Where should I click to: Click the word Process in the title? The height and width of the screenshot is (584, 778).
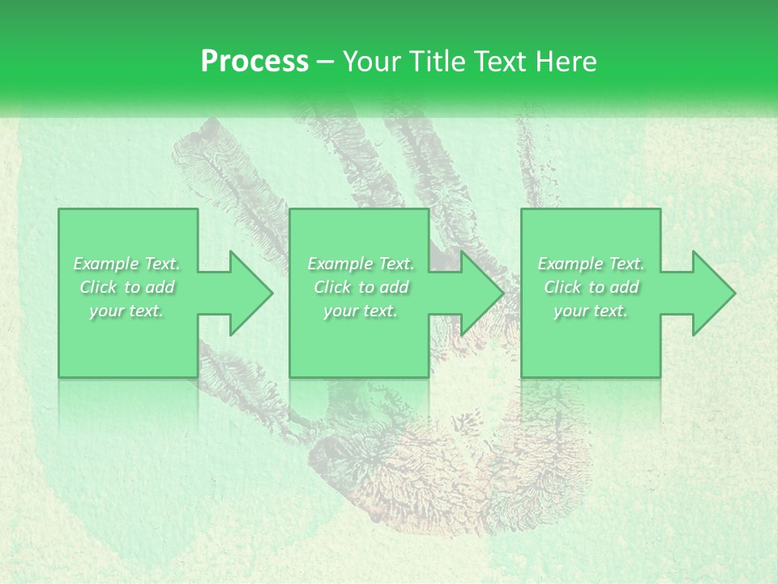point(254,61)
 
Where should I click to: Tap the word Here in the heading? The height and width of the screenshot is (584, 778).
point(565,61)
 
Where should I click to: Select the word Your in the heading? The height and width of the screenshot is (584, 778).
point(372,61)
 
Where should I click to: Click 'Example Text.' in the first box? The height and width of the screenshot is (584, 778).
point(127,263)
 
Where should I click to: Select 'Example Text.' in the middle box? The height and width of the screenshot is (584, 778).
point(361,263)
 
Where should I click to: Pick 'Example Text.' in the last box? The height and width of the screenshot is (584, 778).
point(591,263)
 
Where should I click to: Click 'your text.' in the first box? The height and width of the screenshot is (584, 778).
point(127,311)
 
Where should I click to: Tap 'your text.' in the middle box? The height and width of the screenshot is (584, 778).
point(361,311)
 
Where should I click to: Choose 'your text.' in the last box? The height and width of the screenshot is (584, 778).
point(591,311)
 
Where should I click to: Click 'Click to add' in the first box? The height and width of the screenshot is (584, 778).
point(127,287)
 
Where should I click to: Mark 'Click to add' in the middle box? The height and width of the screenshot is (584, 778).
point(361,287)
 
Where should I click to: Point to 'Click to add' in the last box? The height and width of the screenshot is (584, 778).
point(591,287)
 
